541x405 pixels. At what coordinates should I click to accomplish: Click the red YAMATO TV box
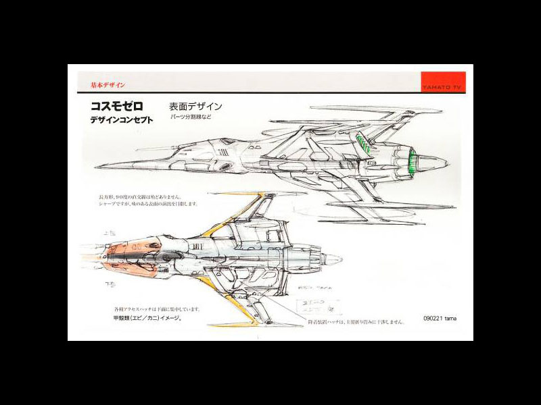442,81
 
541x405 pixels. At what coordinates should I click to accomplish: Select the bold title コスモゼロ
117,107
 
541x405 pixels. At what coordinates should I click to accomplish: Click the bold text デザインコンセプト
121,120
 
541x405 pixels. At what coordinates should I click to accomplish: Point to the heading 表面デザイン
195,106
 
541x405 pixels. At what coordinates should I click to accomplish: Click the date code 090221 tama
440,317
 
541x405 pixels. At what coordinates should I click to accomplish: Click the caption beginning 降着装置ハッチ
356,322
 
